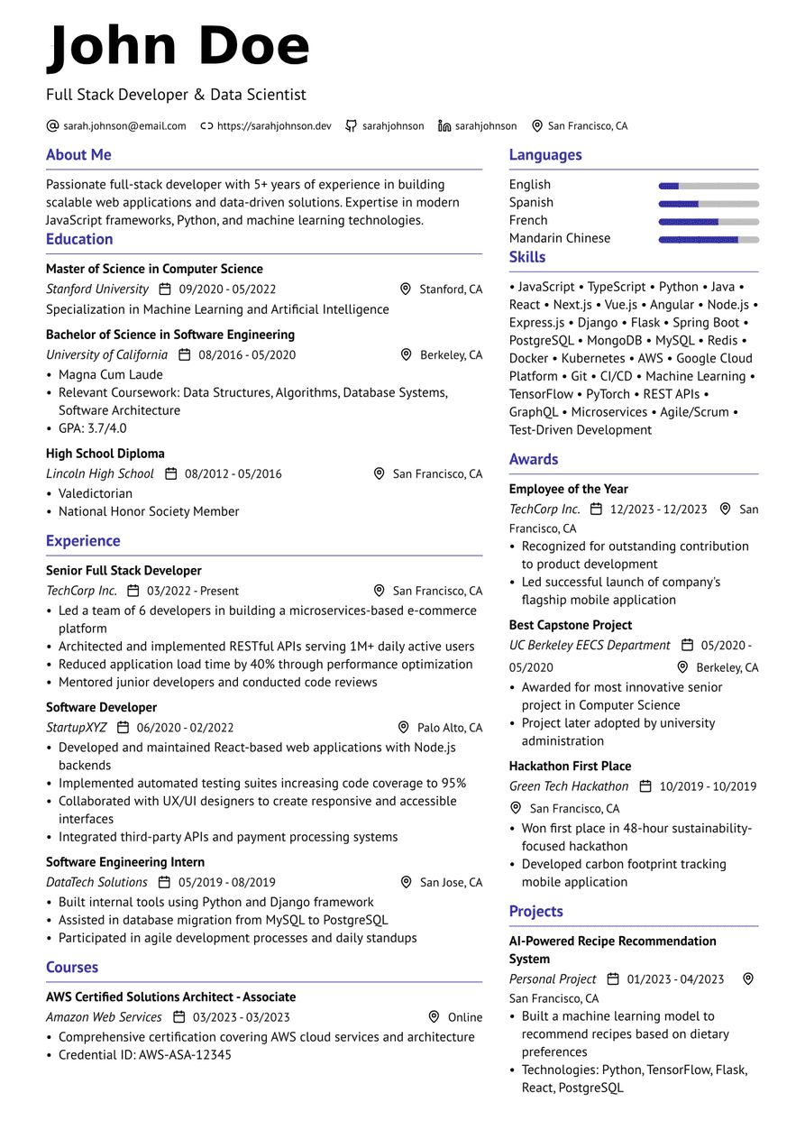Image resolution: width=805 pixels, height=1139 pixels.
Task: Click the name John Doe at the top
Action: coord(178,47)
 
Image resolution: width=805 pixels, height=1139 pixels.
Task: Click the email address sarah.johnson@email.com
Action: coord(124,126)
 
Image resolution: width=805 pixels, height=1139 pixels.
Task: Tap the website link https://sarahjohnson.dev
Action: coord(274,126)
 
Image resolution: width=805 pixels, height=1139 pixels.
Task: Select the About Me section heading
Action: coord(78,155)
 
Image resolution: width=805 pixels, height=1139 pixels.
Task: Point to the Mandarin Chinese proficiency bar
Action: coord(709,239)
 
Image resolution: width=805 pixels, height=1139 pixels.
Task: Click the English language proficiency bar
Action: coord(709,186)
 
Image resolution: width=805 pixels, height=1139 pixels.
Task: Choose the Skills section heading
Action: coord(527,257)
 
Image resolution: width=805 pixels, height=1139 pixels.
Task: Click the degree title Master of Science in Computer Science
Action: coord(154,269)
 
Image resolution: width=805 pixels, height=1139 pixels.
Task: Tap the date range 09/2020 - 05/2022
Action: coord(227,289)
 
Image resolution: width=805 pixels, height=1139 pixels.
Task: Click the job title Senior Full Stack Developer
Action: coord(123,571)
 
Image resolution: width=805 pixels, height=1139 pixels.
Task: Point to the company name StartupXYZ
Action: coord(77,728)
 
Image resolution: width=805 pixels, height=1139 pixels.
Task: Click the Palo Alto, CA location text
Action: coord(450,728)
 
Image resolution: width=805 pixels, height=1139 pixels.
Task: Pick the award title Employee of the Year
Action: coord(568,489)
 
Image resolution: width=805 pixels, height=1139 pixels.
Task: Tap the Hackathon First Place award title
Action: coord(570,767)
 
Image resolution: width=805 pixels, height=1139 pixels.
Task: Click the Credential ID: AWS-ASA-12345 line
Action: coord(145,1054)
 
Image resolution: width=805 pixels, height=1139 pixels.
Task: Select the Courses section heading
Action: coord(72,968)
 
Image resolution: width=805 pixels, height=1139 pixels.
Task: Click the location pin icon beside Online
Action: coord(434,1016)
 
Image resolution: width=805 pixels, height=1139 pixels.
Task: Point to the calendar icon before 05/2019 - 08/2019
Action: coord(164,882)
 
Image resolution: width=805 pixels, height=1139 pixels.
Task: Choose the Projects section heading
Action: coord(535,912)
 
